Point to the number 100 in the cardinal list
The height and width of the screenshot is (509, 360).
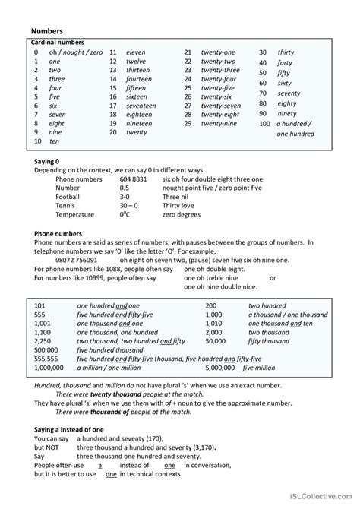coord(264,123)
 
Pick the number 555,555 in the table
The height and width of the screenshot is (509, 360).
coord(46,358)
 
